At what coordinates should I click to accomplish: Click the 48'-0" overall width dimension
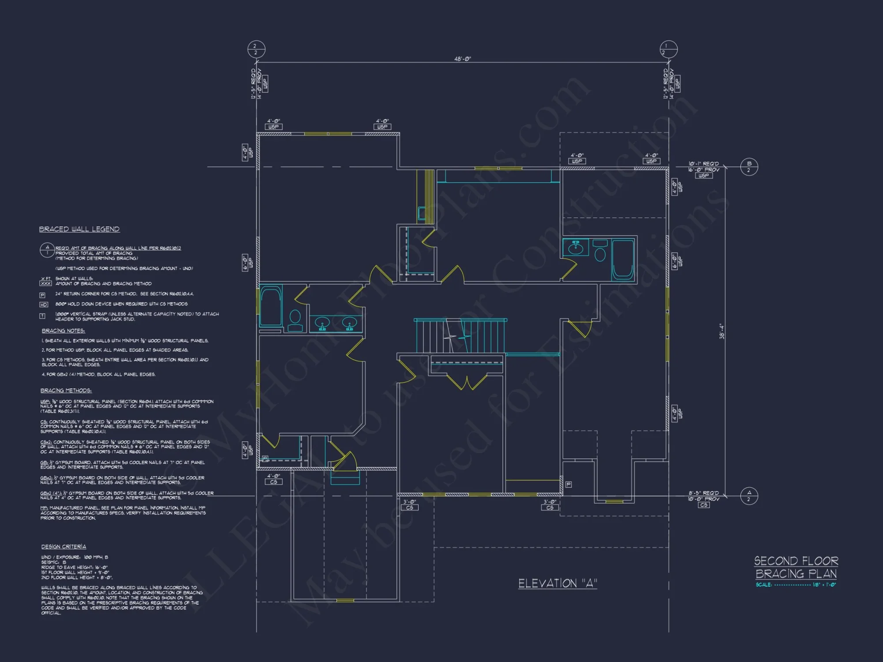[x=462, y=59]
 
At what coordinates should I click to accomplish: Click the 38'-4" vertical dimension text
[x=722, y=331]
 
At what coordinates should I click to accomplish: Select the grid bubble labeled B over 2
[x=749, y=167]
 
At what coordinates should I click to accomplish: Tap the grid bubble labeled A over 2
[x=749, y=496]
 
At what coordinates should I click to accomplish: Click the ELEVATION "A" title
[x=558, y=583]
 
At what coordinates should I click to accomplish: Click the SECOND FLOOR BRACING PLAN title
[x=796, y=568]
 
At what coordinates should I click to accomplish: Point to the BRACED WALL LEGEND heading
[x=79, y=229]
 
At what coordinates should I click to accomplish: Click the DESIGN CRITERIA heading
[x=64, y=546]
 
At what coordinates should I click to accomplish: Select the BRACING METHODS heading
[x=66, y=391]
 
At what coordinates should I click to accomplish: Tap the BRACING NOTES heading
[x=63, y=331]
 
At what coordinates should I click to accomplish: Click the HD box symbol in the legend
[x=43, y=305]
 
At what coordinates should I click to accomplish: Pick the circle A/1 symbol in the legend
[x=47, y=250]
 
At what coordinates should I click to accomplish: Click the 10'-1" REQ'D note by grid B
[x=704, y=164]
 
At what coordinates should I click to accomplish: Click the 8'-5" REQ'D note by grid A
[x=704, y=493]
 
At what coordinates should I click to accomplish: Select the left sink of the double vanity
[x=323, y=323]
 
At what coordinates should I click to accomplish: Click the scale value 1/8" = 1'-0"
[x=824, y=585]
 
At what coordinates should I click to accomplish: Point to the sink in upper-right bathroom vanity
[x=576, y=248]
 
